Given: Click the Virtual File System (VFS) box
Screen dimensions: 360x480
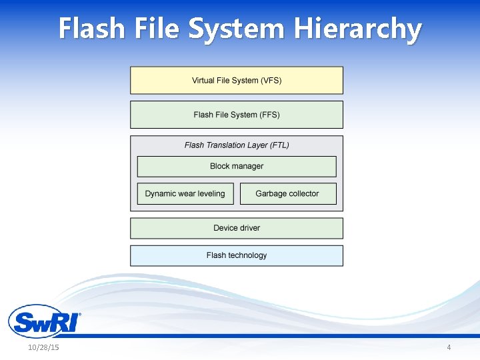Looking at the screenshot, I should tap(237, 80).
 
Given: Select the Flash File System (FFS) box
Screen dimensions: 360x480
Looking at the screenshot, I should tap(237, 115).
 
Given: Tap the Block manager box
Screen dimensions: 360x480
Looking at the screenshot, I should tap(237, 166).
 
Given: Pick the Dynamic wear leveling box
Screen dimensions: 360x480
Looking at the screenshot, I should tap(185, 193).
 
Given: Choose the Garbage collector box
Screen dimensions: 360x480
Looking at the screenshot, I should tap(287, 193).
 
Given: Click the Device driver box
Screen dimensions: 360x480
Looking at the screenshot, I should tap(237, 228).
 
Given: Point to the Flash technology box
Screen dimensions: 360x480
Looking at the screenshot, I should tap(237, 255).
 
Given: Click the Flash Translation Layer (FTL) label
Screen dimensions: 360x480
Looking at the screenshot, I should tap(237, 145).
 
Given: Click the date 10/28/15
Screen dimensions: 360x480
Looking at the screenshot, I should tap(43, 348).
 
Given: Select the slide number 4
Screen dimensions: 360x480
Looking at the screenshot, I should tap(449, 348).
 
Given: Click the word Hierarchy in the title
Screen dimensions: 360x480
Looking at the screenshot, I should tap(359, 29).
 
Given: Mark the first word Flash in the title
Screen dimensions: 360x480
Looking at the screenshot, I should tap(91, 29).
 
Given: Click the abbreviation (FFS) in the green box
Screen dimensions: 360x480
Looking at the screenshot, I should tap(269, 115).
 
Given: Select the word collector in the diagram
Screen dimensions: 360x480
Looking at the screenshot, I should tap(303, 193).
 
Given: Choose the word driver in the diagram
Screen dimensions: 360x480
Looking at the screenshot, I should tap(249, 228).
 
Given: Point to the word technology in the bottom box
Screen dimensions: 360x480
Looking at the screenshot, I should tap(248, 255).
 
